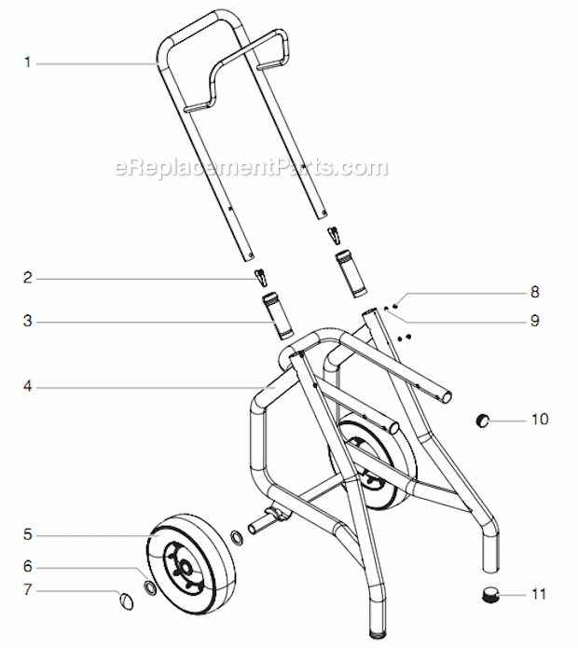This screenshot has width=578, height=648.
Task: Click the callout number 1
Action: click(x=28, y=62)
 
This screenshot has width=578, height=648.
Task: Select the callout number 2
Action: click(x=28, y=277)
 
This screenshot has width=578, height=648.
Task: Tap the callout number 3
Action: click(x=28, y=323)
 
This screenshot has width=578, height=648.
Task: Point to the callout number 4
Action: click(x=28, y=386)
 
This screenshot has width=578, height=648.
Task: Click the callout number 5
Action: click(x=28, y=535)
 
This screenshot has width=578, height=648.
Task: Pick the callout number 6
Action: click(x=28, y=566)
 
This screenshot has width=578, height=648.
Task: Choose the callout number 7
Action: click(x=28, y=590)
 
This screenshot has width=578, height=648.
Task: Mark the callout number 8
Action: click(x=535, y=292)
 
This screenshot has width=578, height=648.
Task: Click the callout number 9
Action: click(x=535, y=320)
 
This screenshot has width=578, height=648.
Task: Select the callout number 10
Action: click(x=540, y=419)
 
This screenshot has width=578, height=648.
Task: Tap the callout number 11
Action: click(x=540, y=594)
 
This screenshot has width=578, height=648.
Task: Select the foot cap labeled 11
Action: click(x=489, y=593)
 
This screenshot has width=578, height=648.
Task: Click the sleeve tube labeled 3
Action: click(x=278, y=314)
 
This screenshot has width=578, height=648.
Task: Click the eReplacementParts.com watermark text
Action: click(x=250, y=168)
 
